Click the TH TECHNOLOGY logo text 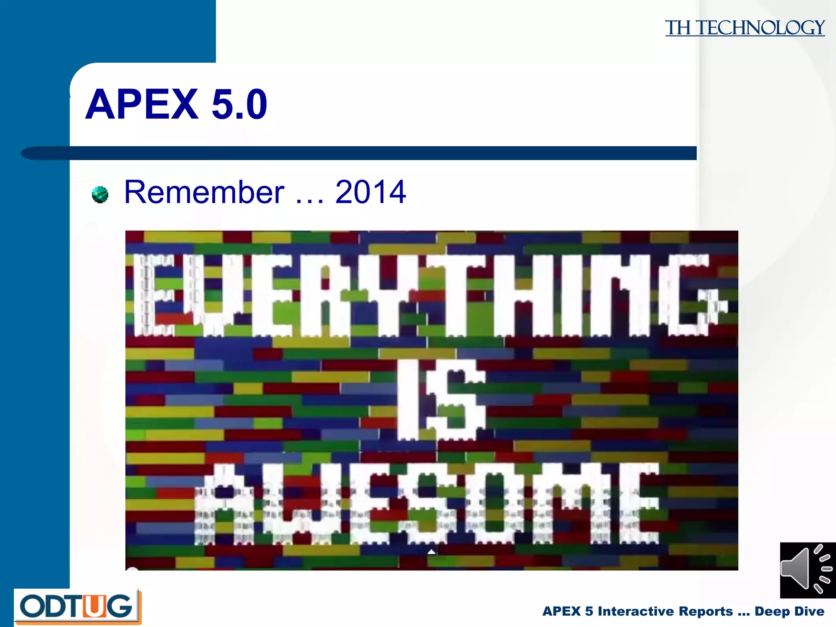[745, 28]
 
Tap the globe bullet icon [100, 194]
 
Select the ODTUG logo [78, 607]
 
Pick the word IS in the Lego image [441, 400]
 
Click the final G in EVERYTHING [690, 295]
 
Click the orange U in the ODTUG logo [95, 606]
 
